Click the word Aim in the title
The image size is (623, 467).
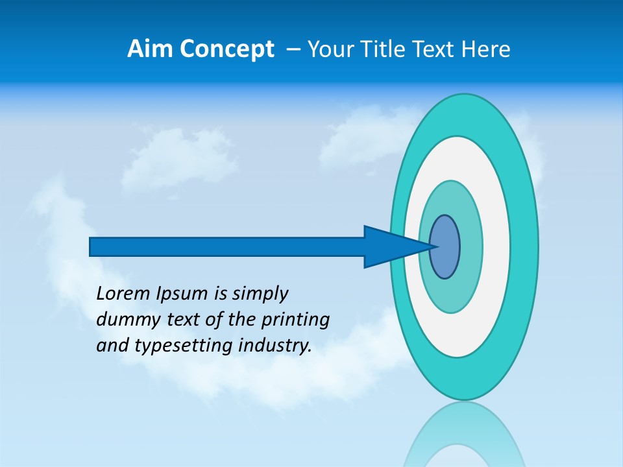147,49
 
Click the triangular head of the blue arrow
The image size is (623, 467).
389,246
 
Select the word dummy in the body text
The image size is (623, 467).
123,320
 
